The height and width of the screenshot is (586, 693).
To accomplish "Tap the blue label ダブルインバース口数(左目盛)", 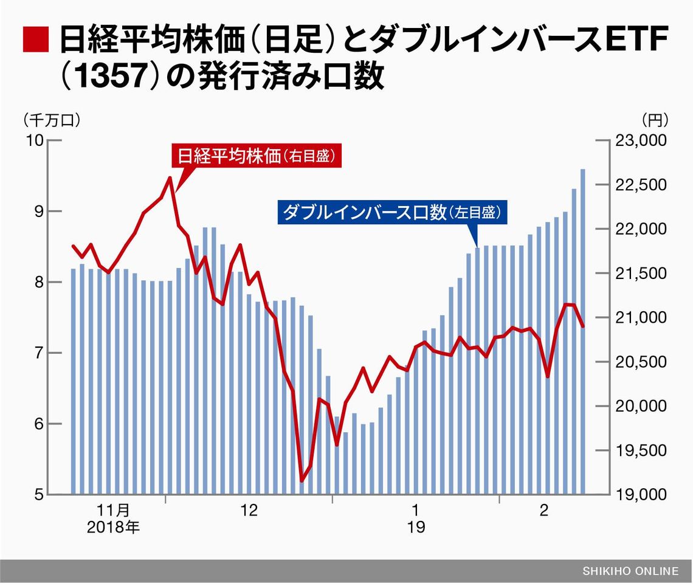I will [392, 213].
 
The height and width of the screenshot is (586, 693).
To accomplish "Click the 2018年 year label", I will [114, 526].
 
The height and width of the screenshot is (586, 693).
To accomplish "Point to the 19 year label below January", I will [416, 526].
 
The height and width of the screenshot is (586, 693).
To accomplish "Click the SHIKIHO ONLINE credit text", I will [630, 571].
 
